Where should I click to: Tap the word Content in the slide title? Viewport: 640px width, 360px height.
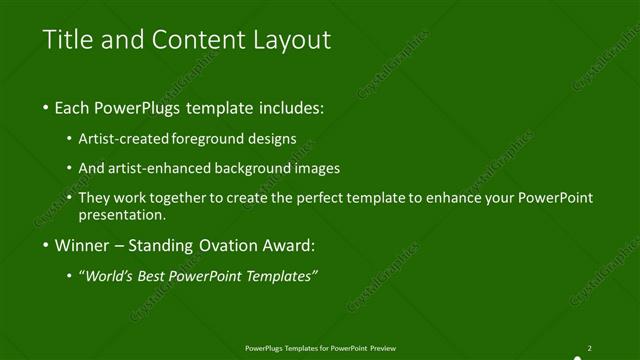[x=190, y=40]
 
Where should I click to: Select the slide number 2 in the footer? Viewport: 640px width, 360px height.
[x=590, y=348]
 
